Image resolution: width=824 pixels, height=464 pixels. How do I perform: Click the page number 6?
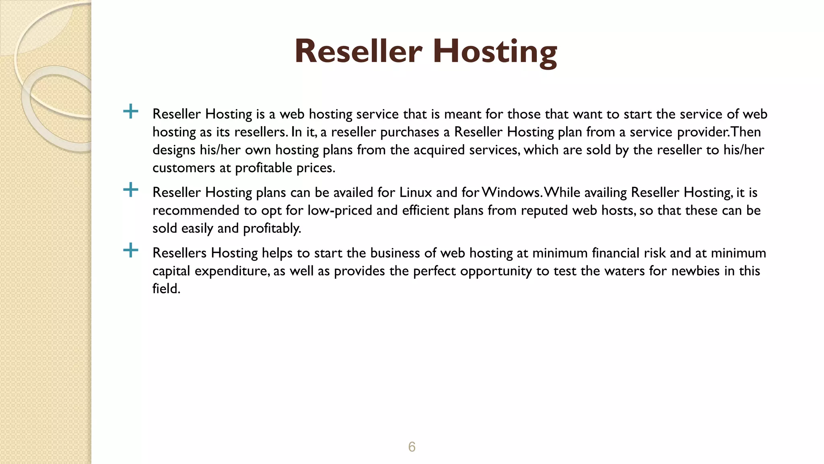[x=412, y=447]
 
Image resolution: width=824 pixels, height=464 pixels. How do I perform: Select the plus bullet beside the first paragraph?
[x=131, y=111]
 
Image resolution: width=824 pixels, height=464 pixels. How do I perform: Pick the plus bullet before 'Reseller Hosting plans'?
[x=131, y=189]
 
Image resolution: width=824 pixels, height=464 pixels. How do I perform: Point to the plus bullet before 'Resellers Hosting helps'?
[x=131, y=250]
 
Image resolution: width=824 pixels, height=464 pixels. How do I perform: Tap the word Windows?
[x=511, y=193]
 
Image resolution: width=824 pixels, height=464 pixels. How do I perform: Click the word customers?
[x=183, y=168]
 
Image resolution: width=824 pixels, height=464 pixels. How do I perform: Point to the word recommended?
[x=196, y=210]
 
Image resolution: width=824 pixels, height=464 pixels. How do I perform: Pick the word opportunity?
[x=496, y=271]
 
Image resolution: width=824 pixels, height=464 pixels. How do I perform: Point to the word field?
[x=165, y=289]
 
